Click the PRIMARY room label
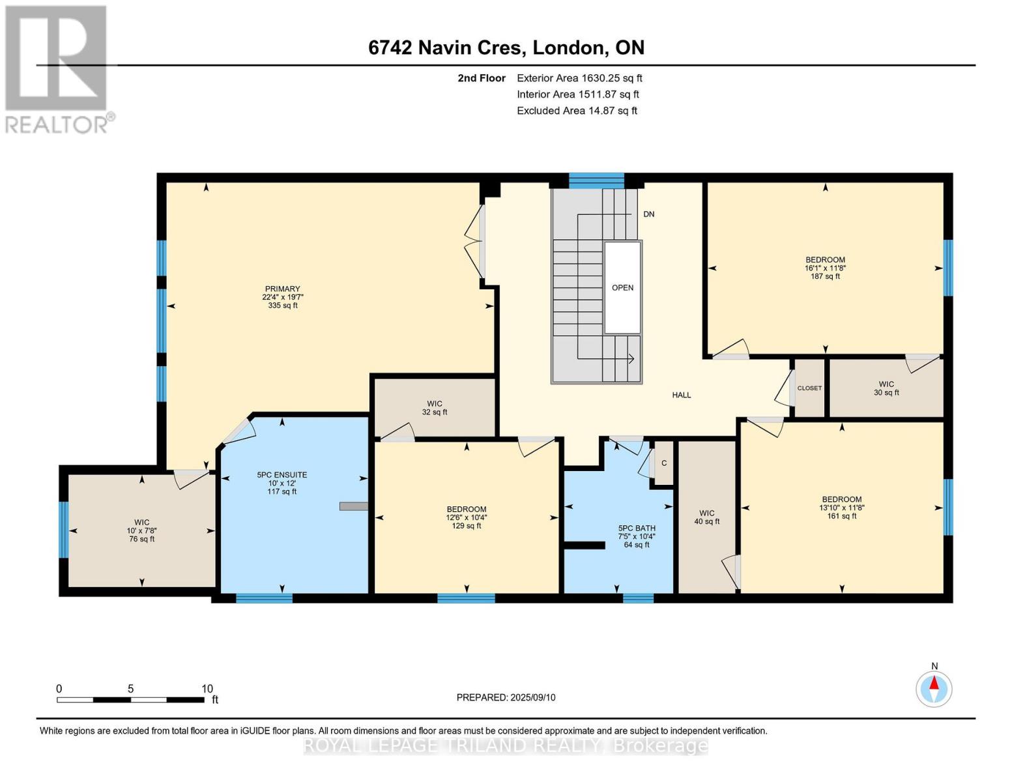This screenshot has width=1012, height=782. [x=283, y=289]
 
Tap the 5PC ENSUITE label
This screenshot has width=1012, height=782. [x=282, y=475]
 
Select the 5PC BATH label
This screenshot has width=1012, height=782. [x=637, y=528]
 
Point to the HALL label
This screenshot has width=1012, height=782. [x=682, y=395]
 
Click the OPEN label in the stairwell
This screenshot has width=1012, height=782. [x=623, y=288]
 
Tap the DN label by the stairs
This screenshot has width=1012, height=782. [x=649, y=214]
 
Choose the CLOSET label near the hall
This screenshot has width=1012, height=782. [x=809, y=388]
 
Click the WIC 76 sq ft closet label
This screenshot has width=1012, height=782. [x=141, y=531]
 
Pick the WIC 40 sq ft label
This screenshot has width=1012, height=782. [x=707, y=517]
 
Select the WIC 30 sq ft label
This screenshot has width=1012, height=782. [x=886, y=388]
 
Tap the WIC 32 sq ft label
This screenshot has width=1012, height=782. [x=435, y=408]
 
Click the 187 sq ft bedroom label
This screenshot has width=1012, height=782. [x=825, y=268]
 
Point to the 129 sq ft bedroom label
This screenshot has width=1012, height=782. [x=467, y=518]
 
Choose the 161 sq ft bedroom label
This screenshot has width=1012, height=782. [x=841, y=507]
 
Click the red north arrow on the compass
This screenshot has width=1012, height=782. [x=934, y=683]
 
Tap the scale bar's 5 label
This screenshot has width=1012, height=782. [x=130, y=689]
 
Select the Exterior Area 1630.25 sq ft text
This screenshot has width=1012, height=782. [x=579, y=78]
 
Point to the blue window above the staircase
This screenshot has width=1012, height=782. [x=596, y=181]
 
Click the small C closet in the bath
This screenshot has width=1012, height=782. [x=663, y=463]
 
